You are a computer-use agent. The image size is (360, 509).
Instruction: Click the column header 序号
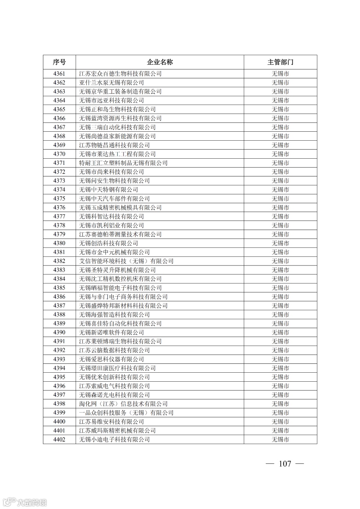[59, 62]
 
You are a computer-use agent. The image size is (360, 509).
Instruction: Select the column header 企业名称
[160, 62]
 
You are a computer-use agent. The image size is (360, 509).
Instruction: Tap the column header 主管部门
[280, 62]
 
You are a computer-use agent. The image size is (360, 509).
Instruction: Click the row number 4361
[59, 74]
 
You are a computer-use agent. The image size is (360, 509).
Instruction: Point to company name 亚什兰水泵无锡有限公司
[112, 83]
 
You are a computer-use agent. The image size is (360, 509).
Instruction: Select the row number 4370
[59, 154]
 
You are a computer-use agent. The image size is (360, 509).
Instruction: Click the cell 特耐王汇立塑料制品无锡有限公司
[123, 163]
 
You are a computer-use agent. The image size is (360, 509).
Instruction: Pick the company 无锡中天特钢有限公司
[109, 190]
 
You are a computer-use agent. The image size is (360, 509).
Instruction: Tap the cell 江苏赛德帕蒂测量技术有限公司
[120, 234]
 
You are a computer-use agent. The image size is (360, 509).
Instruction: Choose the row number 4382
[59, 261]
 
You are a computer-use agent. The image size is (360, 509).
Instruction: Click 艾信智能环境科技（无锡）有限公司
[126, 261]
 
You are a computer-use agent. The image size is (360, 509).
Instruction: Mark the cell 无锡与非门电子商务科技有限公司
[123, 297]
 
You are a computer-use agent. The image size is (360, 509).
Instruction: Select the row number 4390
[59, 332]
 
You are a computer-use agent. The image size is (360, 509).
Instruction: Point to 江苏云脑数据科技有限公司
[114, 350]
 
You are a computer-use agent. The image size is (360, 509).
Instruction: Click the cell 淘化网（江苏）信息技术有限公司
[123, 404]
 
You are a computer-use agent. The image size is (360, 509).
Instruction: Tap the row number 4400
[59, 422]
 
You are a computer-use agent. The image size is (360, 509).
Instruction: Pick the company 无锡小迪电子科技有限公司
[114, 440]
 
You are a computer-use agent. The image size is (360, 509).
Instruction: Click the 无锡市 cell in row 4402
[280, 440]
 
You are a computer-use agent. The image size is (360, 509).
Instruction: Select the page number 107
[285, 464]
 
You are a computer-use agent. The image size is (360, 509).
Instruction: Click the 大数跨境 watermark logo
[25, 502]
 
